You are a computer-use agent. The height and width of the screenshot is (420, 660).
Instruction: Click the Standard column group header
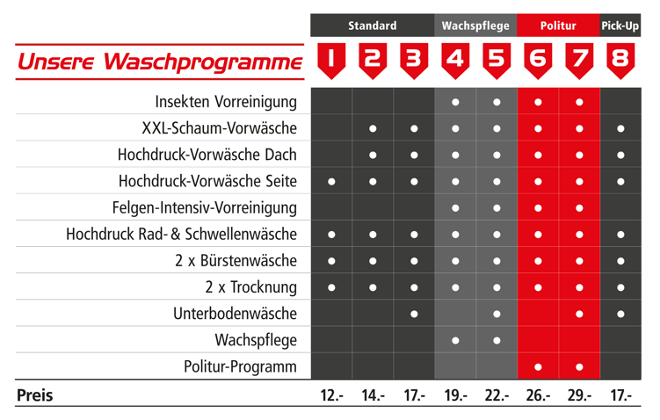click(x=372, y=25)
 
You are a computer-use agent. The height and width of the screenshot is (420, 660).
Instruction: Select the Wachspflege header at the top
click(x=475, y=25)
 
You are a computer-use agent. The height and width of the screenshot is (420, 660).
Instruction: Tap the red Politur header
click(x=558, y=25)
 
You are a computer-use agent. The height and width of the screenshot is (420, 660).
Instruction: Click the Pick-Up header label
click(x=620, y=25)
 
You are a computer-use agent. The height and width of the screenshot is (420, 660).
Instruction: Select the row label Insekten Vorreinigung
click(x=226, y=102)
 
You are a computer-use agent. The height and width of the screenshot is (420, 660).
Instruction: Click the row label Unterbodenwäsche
click(x=235, y=314)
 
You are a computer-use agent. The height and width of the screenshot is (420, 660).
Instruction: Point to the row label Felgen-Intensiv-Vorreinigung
click(x=205, y=208)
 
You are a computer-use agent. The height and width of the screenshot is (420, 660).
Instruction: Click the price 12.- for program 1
click(x=331, y=396)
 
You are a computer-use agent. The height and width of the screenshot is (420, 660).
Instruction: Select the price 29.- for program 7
click(x=579, y=396)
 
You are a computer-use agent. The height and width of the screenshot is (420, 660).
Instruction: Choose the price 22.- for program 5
click(x=497, y=396)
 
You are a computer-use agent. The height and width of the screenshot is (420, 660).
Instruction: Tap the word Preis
click(x=35, y=396)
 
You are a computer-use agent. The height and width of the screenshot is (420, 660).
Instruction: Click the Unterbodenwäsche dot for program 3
click(x=414, y=314)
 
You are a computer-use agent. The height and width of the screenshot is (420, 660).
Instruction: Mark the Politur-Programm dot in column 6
click(x=538, y=366)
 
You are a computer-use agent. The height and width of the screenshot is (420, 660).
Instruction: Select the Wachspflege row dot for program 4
click(x=455, y=340)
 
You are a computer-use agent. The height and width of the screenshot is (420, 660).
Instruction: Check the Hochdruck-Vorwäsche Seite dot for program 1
click(x=331, y=182)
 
